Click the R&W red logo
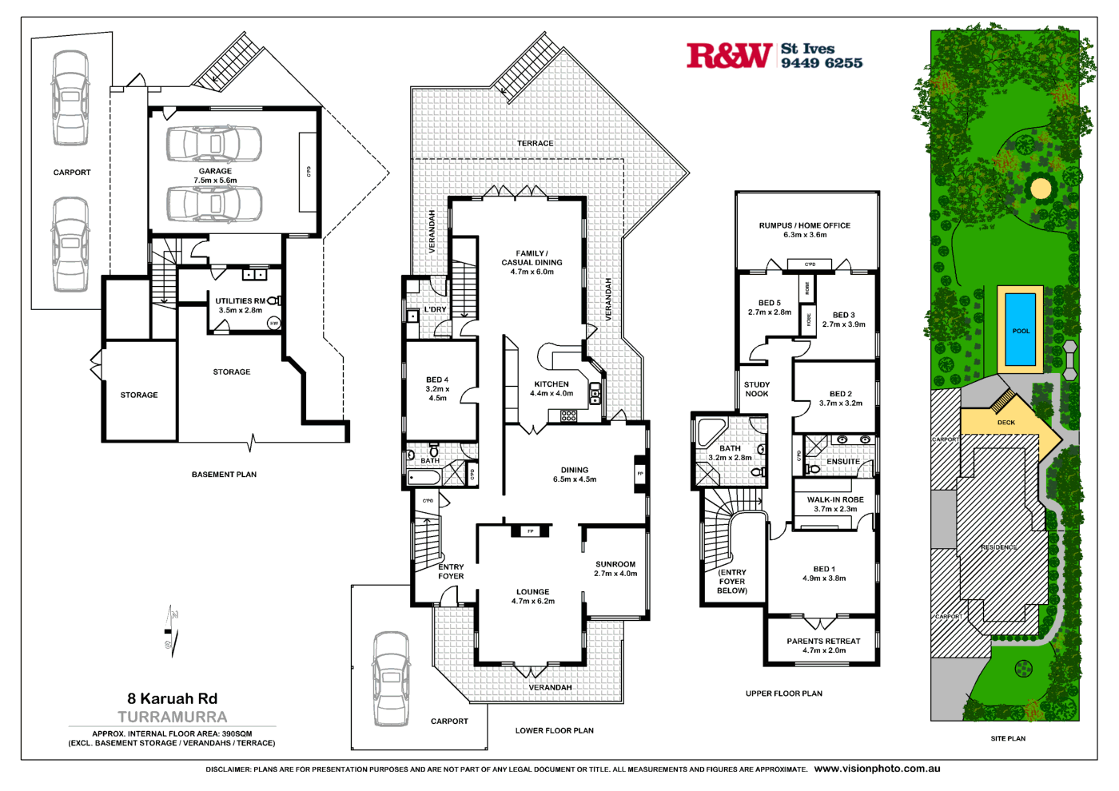tap(729, 56)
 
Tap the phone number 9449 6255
tap(822, 63)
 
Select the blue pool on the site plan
tap(1020, 329)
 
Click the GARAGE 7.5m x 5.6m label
tap(215, 176)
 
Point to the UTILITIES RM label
tap(240, 301)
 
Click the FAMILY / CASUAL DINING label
tap(532, 262)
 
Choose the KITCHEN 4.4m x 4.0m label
tap(552, 388)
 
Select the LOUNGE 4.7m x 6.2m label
tap(532, 596)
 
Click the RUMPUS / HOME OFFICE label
tap(804, 230)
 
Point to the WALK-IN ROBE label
tap(835, 504)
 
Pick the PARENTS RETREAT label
tap(823, 646)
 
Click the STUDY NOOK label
tap(756, 389)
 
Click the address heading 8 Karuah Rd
tap(172, 698)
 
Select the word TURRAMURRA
tap(172, 717)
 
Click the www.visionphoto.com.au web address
tap(877, 769)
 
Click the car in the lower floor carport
tap(391, 678)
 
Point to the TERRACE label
tap(535, 144)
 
